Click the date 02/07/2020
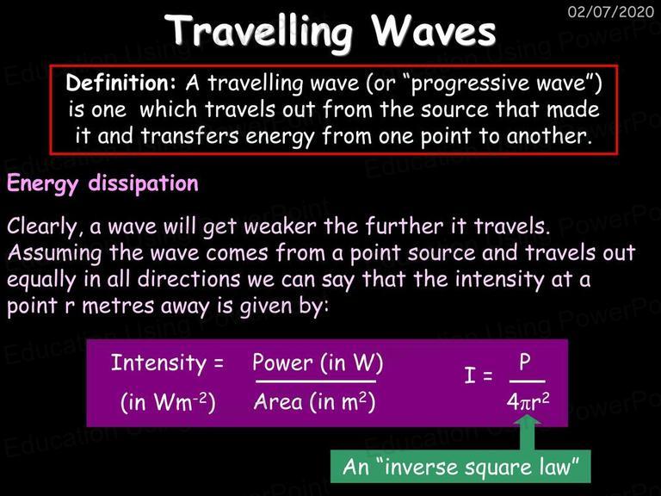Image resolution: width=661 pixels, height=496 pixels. (x=611, y=11)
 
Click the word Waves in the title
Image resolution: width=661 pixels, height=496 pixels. (x=434, y=31)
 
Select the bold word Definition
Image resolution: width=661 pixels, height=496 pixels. (x=120, y=83)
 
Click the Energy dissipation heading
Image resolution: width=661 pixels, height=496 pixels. (x=102, y=184)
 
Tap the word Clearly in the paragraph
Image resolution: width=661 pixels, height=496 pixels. (x=42, y=226)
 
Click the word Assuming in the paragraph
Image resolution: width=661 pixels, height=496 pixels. (x=54, y=254)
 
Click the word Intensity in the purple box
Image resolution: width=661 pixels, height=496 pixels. (x=158, y=363)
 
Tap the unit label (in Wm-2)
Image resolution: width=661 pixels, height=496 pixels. (x=168, y=402)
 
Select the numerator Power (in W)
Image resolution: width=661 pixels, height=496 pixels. (x=318, y=363)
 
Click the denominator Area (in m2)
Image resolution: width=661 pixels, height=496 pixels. (x=314, y=402)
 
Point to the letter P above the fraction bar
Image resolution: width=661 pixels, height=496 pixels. (x=525, y=363)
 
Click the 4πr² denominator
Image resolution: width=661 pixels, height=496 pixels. (x=528, y=402)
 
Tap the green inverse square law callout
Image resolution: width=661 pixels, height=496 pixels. (x=460, y=467)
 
